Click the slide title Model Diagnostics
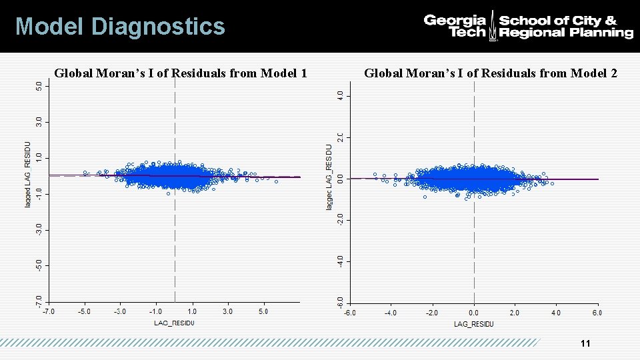(x=120, y=27)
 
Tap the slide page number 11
(x=585, y=343)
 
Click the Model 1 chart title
(x=180, y=73)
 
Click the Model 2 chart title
(x=491, y=73)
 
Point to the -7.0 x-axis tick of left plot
(x=49, y=311)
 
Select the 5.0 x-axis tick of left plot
(x=263, y=311)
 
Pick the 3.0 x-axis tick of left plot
(x=227, y=311)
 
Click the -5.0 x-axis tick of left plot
(x=84, y=311)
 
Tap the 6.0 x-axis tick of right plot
(x=597, y=312)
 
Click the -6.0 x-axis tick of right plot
(x=349, y=312)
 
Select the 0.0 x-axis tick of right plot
(x=474, y=312)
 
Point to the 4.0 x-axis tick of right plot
(x=556, y=312)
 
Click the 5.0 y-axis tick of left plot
(x=39, y=86)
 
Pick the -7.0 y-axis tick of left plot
(x=39, y=301)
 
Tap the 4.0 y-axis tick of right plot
(x=341, y=96)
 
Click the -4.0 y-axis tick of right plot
(x=341, y=261)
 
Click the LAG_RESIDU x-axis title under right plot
(x=474, y=324)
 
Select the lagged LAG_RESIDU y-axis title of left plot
(x=28, y=173)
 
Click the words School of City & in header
(x=557, y=21)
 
